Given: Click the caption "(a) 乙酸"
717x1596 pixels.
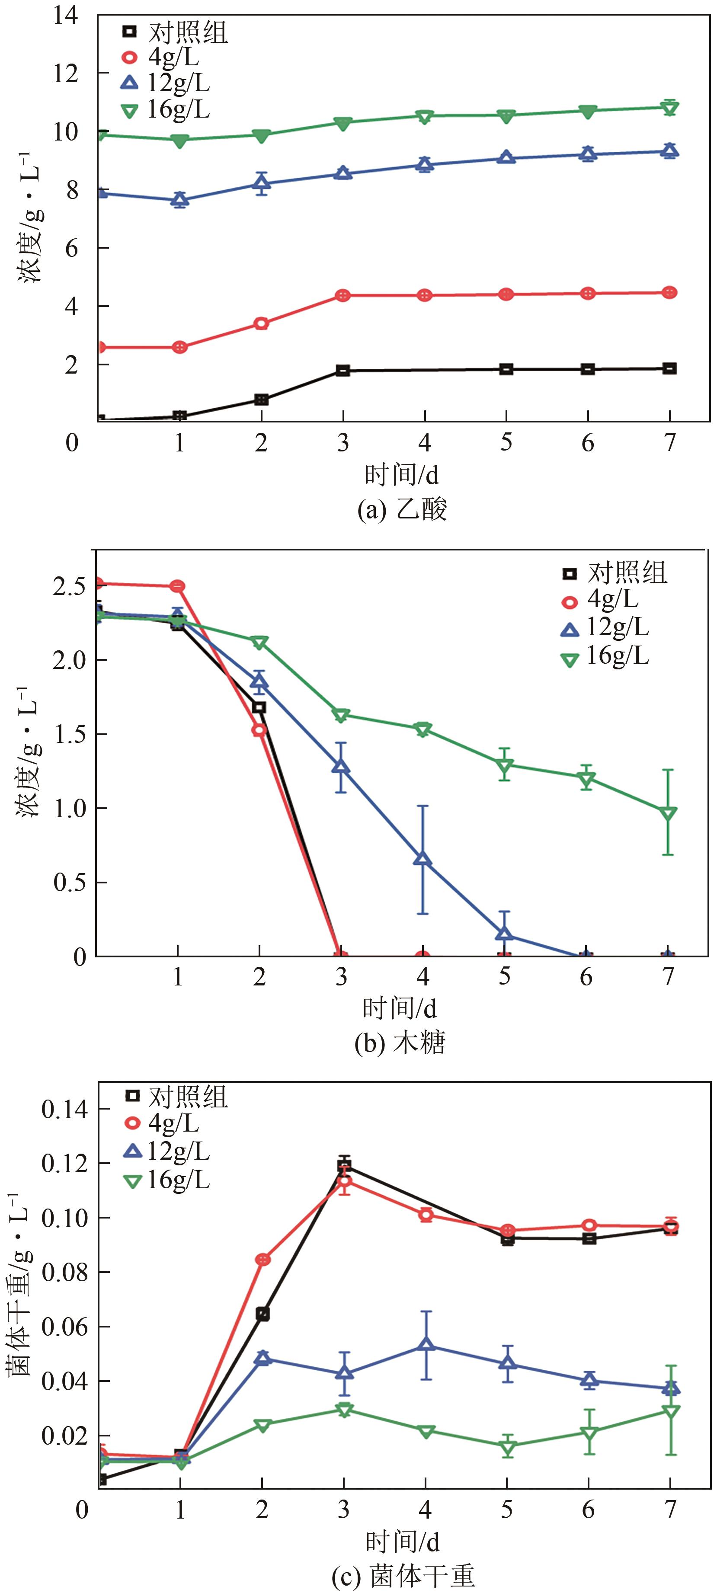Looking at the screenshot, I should pyautogui.click(x=402, y=510).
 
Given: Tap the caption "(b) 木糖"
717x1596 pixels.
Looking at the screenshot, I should pyautogui.click(x=400, y=1043).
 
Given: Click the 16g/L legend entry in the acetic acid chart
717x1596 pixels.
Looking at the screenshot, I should pyautogui.click(x=166, y=109).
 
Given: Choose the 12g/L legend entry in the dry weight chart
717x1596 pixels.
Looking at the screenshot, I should pyautogui.click(x=166, y=1151).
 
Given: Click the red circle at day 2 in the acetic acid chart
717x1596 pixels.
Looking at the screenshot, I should pyautogui.click(x=261, y=323).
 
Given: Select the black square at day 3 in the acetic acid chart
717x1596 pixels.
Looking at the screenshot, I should pyautogui.click(x=342, y=371).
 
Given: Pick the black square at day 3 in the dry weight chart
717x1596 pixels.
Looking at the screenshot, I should pyautogui.click(x=344, y=1166).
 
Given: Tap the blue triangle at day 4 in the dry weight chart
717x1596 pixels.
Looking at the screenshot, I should pyautogui.click(x=426, y=1345).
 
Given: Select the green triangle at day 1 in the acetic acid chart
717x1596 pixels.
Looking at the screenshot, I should pyautogui.click(x=179, y=141).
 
